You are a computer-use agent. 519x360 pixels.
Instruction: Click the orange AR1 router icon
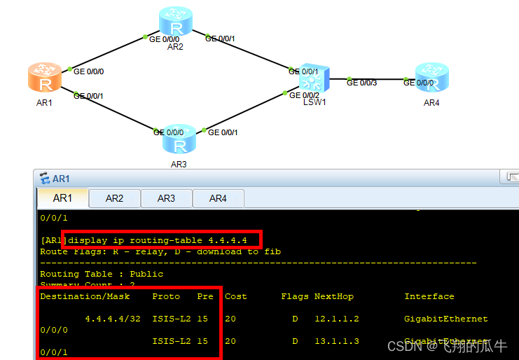[46, 78]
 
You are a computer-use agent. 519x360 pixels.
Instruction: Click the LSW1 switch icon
[310, 79]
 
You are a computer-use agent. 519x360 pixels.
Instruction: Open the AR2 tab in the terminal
[115, 198]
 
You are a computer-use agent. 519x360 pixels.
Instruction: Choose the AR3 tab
[166, 198]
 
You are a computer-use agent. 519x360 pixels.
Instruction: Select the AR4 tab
[218, 198]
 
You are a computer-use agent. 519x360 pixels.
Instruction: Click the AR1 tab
[63, 198]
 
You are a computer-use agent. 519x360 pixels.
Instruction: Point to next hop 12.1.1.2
[337, 319]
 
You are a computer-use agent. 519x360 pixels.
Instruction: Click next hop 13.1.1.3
[337, 341]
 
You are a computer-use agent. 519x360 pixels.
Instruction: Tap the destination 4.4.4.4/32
[113, 319]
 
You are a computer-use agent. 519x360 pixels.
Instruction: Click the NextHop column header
[333, 296]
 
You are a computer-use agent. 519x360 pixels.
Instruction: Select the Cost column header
[235, 296]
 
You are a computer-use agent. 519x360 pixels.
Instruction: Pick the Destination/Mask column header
[85, 296]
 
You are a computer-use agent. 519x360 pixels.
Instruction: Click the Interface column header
[429, 296]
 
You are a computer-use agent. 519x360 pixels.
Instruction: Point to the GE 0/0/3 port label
[361, 83]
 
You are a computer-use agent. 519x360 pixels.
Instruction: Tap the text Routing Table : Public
[102, 274]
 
